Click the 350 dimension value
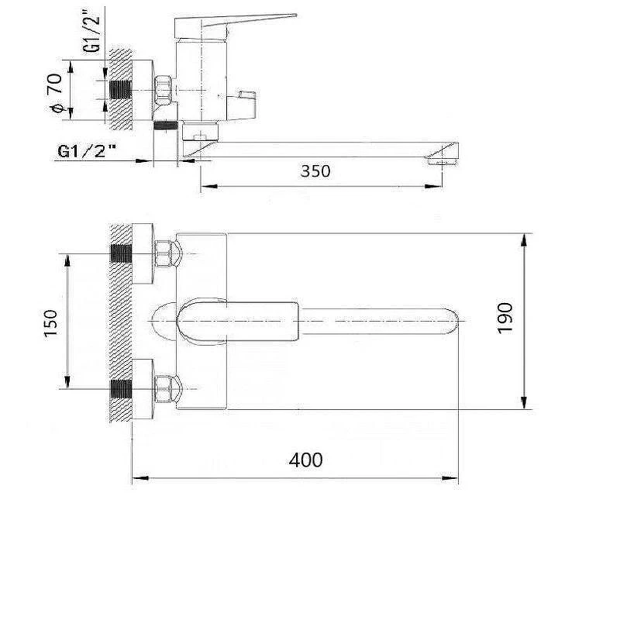point(315,171)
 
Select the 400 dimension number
point(305,460)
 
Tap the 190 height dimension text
point(505,319)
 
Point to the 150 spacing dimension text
point(50,323)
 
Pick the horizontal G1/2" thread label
point(88,151)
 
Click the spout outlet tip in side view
point(443,161)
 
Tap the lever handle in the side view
point(236,26)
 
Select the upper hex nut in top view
point(164,253)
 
